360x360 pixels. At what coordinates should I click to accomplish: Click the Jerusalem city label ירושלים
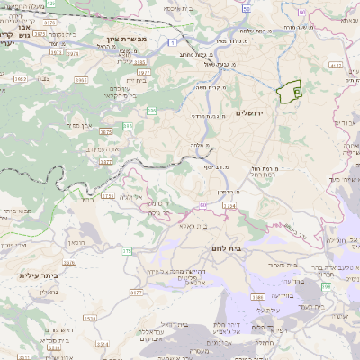pyautogui.click(x=253, y=113)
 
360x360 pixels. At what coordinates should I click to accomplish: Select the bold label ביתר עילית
pyautogui.click(x=38, y=275)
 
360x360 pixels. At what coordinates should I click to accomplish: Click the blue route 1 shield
pyautogui.click(x=171, y=41)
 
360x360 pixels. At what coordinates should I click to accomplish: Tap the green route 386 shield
pyautogui.click(x=127, y=127)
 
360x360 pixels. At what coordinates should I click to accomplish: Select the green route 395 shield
pyautogui.click(x=152, y=111)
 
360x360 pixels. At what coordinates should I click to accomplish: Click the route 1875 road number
pyautogui.click(x=106, y=131)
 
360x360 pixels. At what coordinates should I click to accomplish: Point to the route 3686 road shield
pyautogui.click(x=257, y=296)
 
